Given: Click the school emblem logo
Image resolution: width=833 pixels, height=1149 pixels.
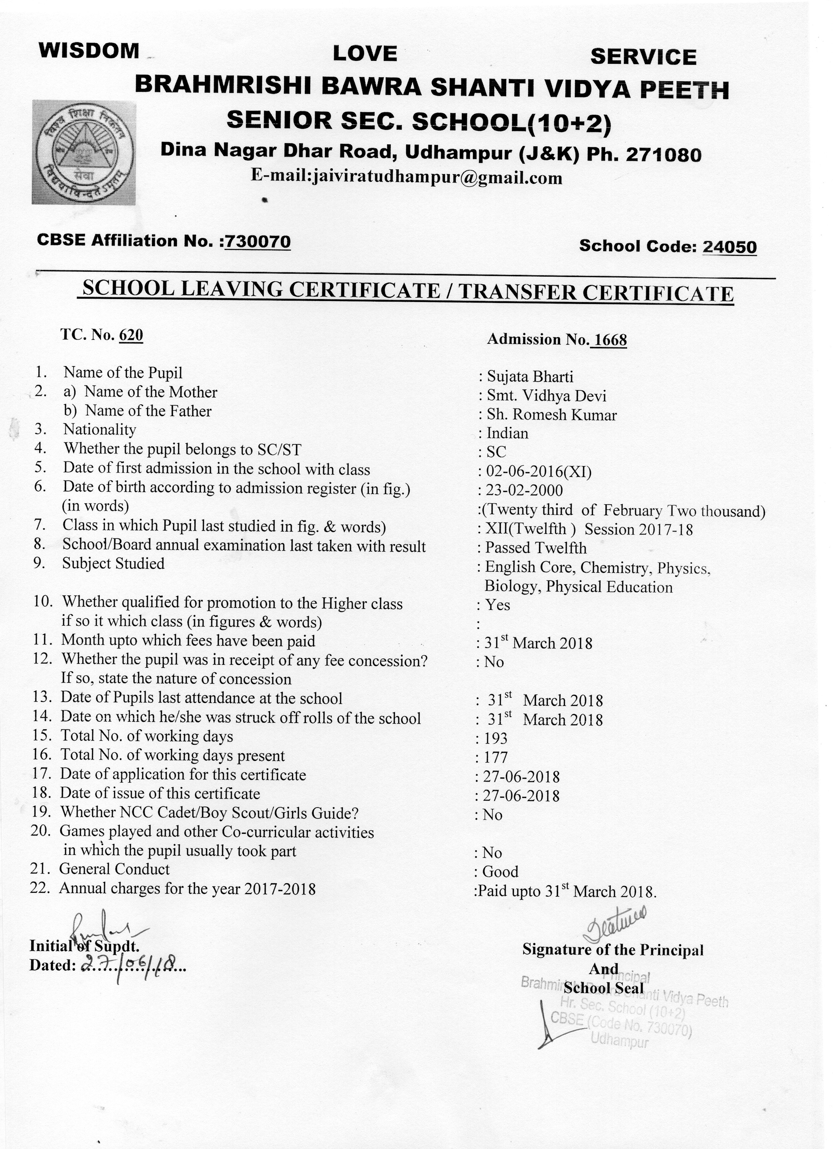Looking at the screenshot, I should point(84,152).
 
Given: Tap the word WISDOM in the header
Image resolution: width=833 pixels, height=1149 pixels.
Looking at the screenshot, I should point(89,51).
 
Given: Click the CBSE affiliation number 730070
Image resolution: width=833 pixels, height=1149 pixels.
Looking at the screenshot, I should point(258,242).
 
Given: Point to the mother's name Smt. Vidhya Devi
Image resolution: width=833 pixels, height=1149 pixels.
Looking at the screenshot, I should point(546,396).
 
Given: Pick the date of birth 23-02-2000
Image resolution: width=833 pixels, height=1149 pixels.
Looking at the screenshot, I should point(524,490).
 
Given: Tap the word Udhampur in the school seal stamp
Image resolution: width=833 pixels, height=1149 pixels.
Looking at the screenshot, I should point(619,1041).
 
